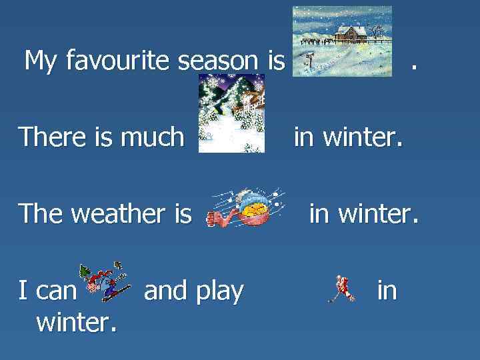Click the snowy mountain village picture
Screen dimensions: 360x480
tap(232, 113)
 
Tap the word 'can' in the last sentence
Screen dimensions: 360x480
tap(57, 291)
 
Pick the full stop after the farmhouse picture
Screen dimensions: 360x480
tap(415, 67)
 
